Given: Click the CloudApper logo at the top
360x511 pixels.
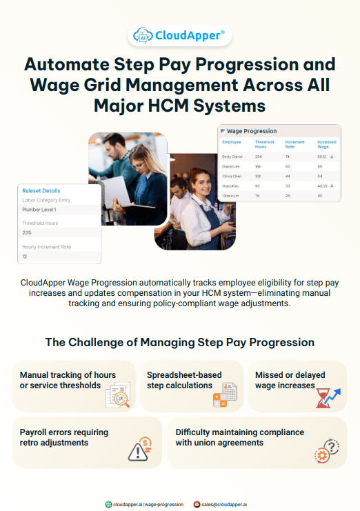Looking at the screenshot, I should [x=180, y=36].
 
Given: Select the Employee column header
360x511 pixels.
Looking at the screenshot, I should [x=232, y=142].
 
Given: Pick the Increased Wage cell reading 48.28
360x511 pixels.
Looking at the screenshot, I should [x=322, y=186].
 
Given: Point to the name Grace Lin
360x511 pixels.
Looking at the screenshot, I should [x=231, y=195].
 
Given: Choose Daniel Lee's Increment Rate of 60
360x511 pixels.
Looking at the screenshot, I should [x=288, y=166].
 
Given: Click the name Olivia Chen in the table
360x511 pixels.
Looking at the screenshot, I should [x=232, y=176].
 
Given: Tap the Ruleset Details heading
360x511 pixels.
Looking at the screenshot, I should [x=41, y=190].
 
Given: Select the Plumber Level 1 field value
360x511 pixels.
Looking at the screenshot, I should [x=39, y=209].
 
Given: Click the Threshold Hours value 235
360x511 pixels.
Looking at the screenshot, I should [x=27, y=232].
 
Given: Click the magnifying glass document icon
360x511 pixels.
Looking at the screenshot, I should [x=117, y=396].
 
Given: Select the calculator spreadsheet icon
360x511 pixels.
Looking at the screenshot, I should [x=225, y=395].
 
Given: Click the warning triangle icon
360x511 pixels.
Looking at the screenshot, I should [x=139, y=450].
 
